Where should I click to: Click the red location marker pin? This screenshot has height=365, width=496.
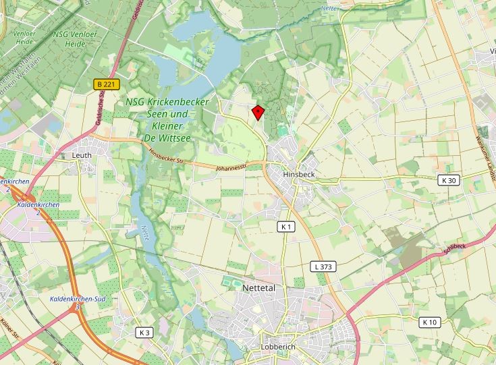(x=257, y=112)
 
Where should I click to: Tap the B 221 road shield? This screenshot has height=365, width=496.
(x=106, y=84)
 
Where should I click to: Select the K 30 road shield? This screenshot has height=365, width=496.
(x=447, y=180)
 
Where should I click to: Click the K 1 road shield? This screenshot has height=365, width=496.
(x=286, y=227)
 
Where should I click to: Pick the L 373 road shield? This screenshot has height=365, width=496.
(x=323, y=266)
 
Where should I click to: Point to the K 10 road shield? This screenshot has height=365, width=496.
(x=429, y=322)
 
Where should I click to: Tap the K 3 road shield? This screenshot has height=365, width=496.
(x=144, y=332)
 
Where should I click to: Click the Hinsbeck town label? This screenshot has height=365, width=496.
(x=299, y=173)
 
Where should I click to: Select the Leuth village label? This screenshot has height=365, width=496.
(x=82, y=155)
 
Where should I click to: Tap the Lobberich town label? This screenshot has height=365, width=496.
(x=278, y=347)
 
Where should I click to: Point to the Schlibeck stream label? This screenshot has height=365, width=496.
(x=454, y=247)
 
